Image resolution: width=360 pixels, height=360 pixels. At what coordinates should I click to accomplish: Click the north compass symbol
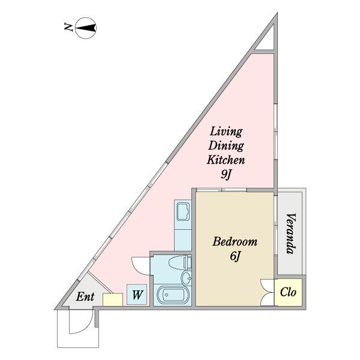86,28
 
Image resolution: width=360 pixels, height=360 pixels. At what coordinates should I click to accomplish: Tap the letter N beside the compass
68,27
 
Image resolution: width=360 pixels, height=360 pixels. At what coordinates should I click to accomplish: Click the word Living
226,132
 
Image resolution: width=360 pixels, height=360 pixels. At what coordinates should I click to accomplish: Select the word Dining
226,146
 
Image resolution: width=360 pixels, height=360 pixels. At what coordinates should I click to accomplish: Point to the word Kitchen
226,160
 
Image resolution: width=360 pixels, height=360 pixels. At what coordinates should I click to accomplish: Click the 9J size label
226,175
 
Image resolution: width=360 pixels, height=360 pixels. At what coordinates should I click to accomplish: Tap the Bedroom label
235,242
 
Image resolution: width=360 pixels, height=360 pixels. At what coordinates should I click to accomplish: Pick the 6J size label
235,256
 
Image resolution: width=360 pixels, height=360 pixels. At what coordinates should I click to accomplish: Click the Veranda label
290,233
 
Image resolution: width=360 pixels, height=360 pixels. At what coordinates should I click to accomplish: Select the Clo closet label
288,292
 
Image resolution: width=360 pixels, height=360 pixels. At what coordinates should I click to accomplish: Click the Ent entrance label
85,296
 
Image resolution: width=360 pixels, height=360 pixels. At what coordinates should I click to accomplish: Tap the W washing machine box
137,295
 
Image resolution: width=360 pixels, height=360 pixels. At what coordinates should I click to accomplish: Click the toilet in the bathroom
180,263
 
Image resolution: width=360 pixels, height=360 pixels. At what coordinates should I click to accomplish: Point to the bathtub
173,295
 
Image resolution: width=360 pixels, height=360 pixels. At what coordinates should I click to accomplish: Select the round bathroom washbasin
186,278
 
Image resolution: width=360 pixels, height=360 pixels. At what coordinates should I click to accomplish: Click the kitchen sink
183,211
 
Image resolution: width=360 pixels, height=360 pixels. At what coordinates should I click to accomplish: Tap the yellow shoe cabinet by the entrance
113,299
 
